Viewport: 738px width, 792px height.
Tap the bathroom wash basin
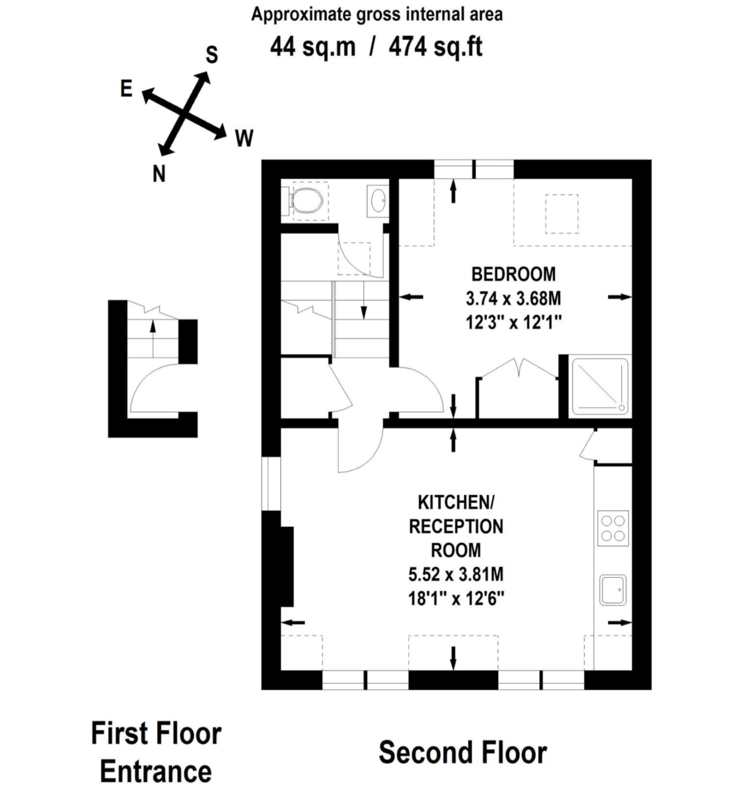tap(378, 201)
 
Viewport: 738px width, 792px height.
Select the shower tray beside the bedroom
tap(600, 386)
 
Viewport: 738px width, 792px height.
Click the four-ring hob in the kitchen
tap(613, 528)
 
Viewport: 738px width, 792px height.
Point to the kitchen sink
tap(613, 590)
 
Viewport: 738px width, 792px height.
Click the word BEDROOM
tap(513, 274)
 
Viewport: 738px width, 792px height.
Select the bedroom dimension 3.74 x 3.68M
tap(513, 298)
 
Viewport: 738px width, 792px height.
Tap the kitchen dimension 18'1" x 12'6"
tap(456, 598)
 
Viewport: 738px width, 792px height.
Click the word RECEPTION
tap(456, 527)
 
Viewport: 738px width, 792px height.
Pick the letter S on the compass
tap(212, 55)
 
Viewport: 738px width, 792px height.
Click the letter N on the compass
tap(159, 174)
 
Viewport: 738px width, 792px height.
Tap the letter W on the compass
tap(244, 139)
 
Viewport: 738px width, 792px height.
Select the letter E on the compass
tap(126, 88)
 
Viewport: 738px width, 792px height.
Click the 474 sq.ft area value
tap(435, 47)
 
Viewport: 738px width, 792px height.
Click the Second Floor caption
tap(462, 752)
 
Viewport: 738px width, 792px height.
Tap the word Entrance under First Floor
tap(156, 771)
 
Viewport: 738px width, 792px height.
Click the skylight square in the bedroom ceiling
tap(561, 214)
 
